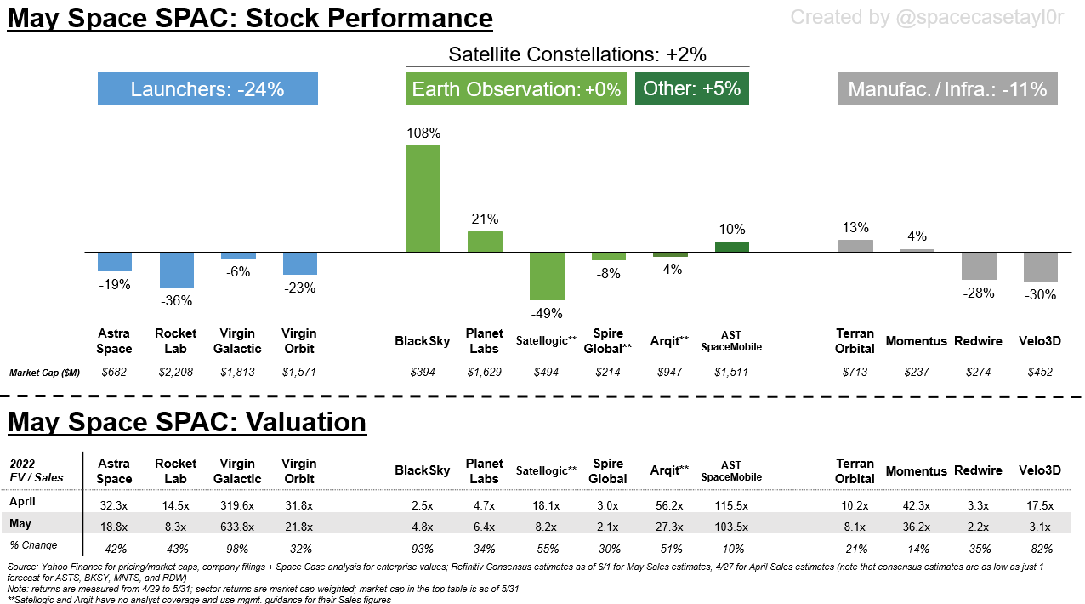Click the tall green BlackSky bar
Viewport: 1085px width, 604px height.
click(x=423, y=198)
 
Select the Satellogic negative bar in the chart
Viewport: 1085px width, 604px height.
click(x=547, y=276)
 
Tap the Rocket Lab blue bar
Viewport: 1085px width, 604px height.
click(x=177, y=270)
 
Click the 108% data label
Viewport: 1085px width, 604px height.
click(x=423, y=133)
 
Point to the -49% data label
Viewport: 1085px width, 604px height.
click(x=547, y=313)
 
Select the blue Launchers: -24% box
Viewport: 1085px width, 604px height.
click(x=207, y=88)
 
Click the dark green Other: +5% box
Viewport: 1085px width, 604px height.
click(x=691, y=88)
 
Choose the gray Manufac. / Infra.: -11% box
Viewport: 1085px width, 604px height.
click(x=947, y=88)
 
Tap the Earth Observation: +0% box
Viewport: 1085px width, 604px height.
click(x=516, y=88)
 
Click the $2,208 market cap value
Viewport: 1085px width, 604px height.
click(x=177, y=372)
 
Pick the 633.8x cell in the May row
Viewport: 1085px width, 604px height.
click(x=238, y=525)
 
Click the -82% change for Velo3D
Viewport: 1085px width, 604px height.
click(x=1040, y=549)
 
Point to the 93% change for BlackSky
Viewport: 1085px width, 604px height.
click(x=423, y=549)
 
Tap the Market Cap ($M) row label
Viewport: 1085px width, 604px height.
click(x=44, y=373)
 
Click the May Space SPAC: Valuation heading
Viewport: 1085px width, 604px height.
click(x=187, y=422)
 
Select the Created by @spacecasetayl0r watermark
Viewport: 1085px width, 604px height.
click(x=933, y=17)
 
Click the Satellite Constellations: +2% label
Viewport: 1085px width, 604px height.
click(x=577, y=54)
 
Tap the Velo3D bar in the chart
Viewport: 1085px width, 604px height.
click(x=1040, y=267)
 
